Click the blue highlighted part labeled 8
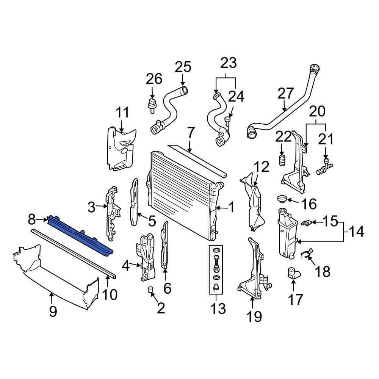click(x=80, y=234)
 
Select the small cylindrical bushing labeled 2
click(x=150, y=290)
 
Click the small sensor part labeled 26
click(x=152, y=104)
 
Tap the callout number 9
click(x=53, y=311)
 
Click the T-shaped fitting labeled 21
click(x=323, y=168)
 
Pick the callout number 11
click(x=122, y=113)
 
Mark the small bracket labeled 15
click(x=306, y=222)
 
